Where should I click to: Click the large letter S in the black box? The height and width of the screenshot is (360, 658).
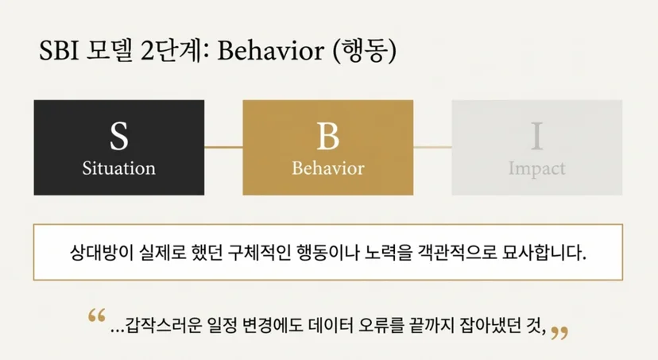coord(118,137)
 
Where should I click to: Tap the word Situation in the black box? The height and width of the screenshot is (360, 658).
coord(118,168)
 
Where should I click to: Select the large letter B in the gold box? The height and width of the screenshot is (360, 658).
coord(327,137)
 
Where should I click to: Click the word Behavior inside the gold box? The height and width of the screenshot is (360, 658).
coord(328,168)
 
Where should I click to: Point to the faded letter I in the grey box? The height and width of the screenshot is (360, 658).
coord(537,136)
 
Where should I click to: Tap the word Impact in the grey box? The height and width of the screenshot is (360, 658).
coord(537,169)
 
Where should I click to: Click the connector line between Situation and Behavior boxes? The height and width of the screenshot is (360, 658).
coord(223,147)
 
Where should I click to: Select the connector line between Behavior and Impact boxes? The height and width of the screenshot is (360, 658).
coord(432,147)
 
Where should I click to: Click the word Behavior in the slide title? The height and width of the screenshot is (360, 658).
coord(271,51)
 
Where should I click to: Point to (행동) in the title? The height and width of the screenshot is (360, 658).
coord(364,52)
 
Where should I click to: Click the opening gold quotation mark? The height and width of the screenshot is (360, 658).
coord(96,315)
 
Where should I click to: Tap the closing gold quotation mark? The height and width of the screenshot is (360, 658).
coord(559,333)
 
